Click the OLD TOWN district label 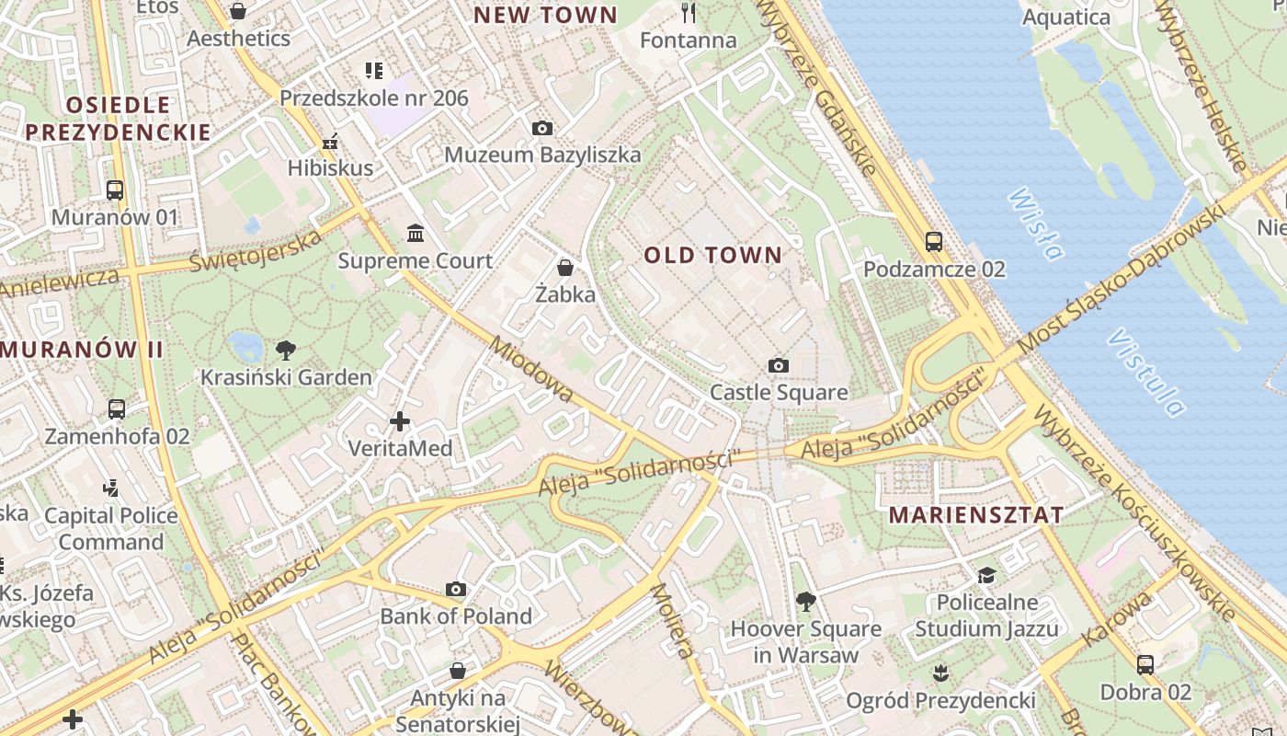click(x=712, y=255)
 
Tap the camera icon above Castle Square click(x=779, y=366)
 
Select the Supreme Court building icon click(x=415, y=234)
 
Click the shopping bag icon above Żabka click(x=565, y=268)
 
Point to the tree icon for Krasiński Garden click(x=286, y=350)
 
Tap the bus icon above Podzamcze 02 click(x=934, y=242)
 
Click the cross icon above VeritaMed click(x=400, y=421)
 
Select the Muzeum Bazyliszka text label click(x=542, y=155)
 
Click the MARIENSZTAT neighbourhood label click(x=976, y=515)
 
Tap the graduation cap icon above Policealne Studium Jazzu click(x=986, y=575)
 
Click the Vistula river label click(x=1145, y=372)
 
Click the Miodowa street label click(x=533, y=370)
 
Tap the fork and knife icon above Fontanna click(x=689, y=13)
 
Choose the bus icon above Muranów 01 click(x=115, y=190)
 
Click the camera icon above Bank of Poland click(x=456, y=589)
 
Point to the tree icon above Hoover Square click(x=805, y=602)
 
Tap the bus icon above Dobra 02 click(x=1145, y=664)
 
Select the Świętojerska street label click(x=256, y=250)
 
